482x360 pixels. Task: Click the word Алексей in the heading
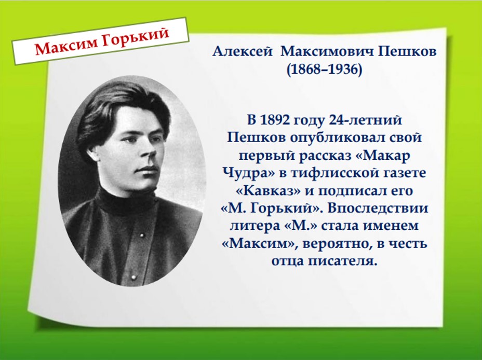(x=242, y=52)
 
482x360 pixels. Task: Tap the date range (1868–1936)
(x=324, y=70)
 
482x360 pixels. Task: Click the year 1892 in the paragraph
(x=275, y=120)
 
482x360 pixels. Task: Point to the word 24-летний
(x=365, y=120)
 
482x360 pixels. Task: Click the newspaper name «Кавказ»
(x=268, y=190)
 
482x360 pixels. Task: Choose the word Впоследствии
(x=378, y=208)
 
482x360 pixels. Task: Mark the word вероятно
(x=336, y=244)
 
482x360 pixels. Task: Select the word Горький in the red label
(x=135, y=37)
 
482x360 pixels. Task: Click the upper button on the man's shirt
(x=142, y=236)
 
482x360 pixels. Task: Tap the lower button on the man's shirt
(x=133, y=278)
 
